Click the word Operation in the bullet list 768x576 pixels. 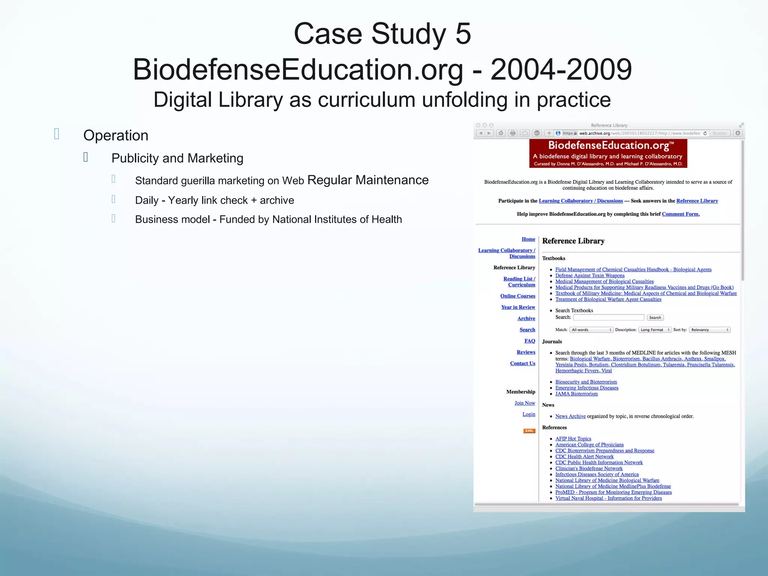115,135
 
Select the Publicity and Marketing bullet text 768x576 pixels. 177,158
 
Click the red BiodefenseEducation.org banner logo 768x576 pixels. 608,153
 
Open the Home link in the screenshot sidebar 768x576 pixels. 528,239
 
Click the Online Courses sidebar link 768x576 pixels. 517,296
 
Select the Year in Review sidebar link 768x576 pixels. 518,307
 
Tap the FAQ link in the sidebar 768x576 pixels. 529,341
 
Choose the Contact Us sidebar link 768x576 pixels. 522,363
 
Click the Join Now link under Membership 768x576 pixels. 525,403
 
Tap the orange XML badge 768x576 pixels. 529,431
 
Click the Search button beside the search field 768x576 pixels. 655,318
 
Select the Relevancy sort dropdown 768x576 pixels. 709,330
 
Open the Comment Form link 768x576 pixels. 680,214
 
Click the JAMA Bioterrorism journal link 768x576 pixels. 576,394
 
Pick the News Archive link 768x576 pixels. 570,416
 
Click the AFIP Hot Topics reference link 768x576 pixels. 573,439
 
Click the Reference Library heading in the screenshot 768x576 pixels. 573,241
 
